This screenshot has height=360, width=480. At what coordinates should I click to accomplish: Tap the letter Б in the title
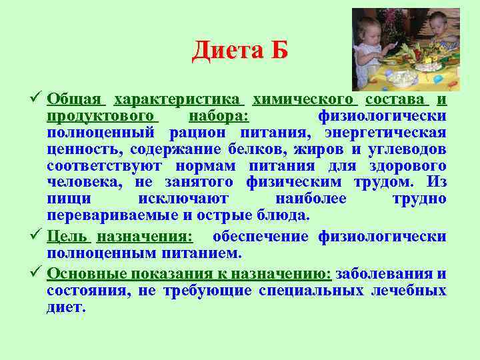(x=279, y=51)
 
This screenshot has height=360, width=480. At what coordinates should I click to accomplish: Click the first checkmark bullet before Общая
(x=37, y=99)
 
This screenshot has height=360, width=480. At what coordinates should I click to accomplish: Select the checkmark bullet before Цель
(x=37, y=237)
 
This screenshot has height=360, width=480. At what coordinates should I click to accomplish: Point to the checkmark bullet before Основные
(x=37, y=274)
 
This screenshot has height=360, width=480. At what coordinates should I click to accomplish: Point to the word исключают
(x=183, y=199)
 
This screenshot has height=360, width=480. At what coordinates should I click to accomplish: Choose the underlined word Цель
(x=67, y=237)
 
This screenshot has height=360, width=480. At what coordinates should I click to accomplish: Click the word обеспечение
(x=260, y=237)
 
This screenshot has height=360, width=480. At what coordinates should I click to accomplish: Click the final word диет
(x=66, y=307)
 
